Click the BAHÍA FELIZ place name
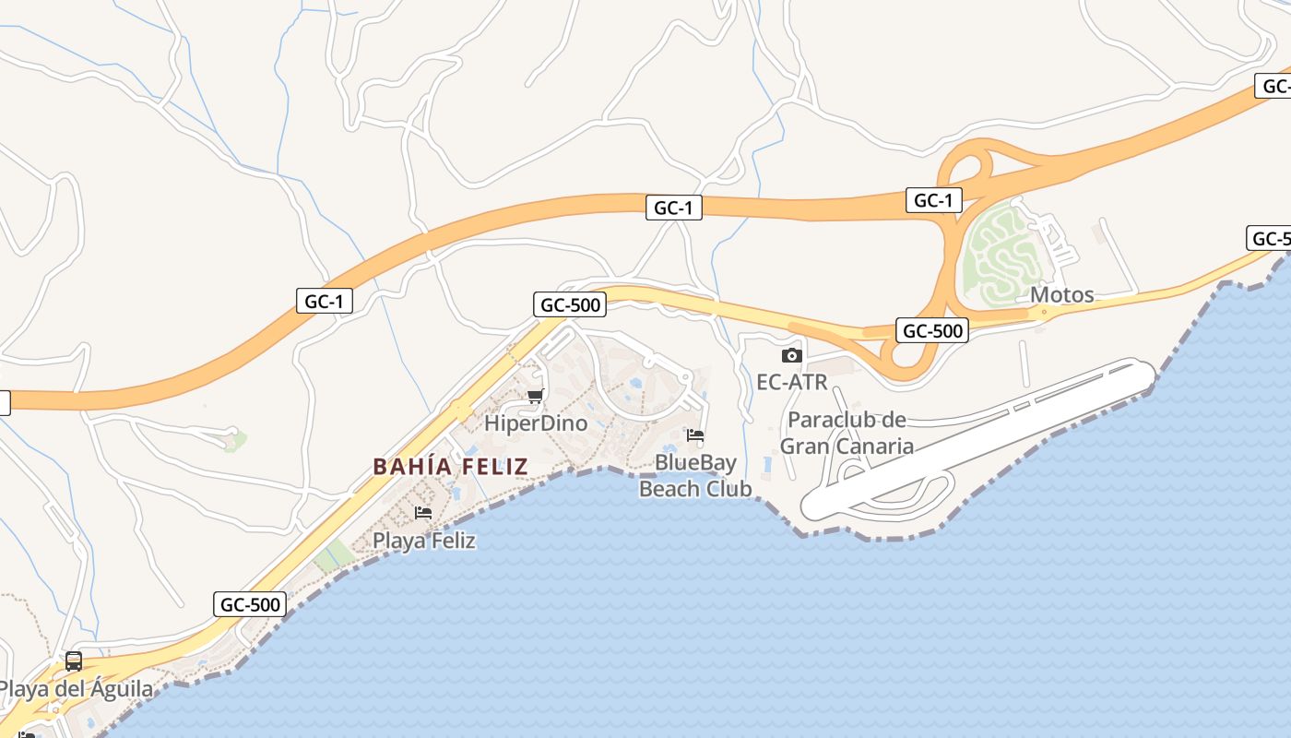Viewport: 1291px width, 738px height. click(450, 467)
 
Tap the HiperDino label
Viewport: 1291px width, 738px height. click(536, 423)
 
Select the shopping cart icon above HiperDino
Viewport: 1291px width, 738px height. click(535, 397)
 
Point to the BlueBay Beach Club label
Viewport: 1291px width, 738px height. click(695, 475)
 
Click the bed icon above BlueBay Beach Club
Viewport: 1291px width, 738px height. click(695, 434)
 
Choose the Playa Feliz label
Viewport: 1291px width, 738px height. click(424, 541)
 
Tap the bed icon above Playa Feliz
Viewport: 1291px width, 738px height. click(423, 512)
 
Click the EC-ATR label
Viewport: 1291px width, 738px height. click(791, 381)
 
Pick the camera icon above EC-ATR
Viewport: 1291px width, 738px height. click(791, 355)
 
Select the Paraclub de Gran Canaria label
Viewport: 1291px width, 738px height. click(847, 433)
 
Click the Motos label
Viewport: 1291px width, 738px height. click(1061, 295)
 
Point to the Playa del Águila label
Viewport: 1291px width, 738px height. click(76, 689)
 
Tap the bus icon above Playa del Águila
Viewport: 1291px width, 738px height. click(73, 661)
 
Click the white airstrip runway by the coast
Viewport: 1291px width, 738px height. click(977, 438)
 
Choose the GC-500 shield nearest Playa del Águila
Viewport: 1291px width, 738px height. click(250, 605)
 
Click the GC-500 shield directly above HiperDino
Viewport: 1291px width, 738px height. click(568, 304)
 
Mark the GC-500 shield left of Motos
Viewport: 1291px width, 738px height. click(932, 330)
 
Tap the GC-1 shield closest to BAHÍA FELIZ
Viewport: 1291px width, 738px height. click(325, 301)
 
